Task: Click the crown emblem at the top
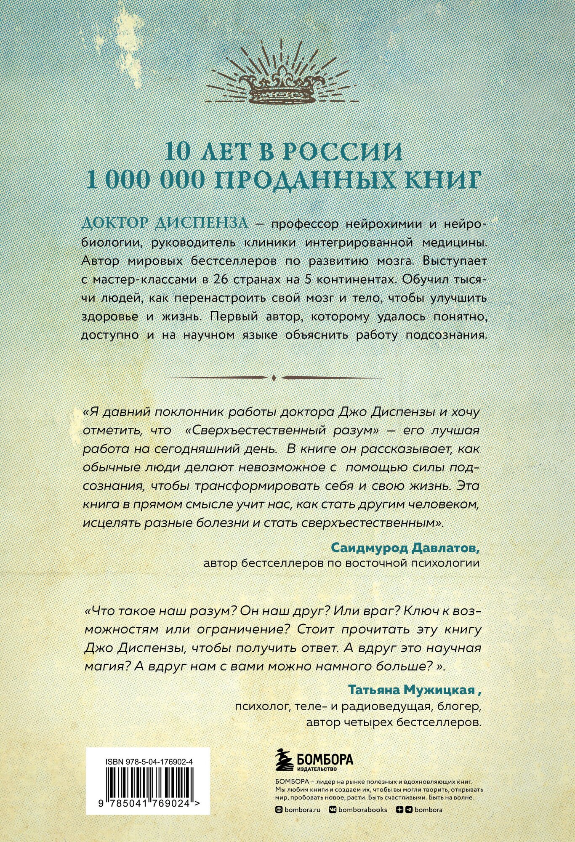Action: pyautogui.click(x=287, y=87)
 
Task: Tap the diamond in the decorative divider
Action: pyautogui.click(x=274, y=377)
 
